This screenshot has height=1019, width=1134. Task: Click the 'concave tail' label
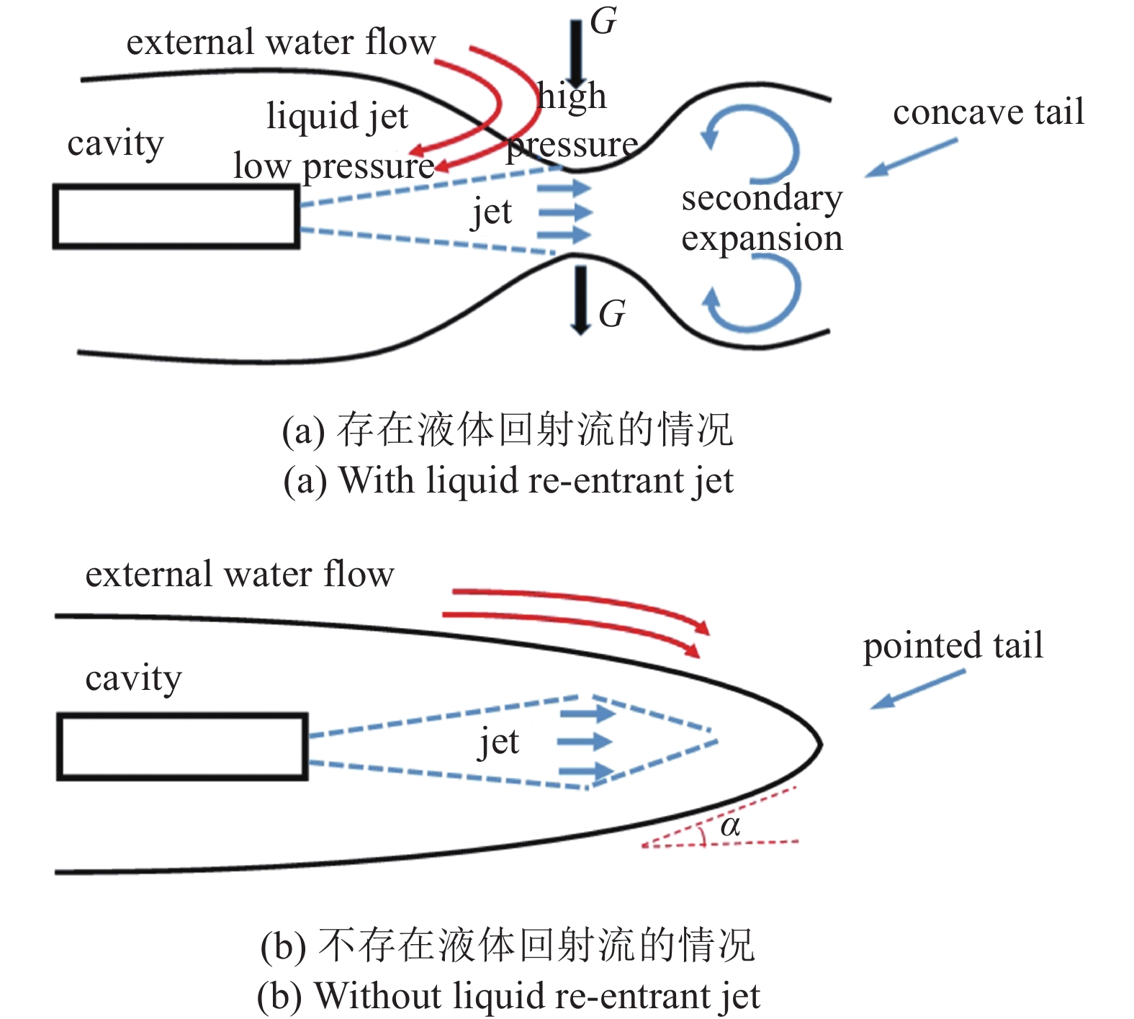click(x=988, y=112)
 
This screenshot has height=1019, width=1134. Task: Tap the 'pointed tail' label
click(x=953, y=645)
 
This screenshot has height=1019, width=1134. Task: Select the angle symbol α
click(x=730, y=826)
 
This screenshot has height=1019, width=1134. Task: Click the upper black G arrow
click(x=577, y=54)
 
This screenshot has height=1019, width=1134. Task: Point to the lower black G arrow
click(x=580, y=300)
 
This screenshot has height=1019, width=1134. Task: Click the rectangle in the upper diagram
click(x=176, y=217)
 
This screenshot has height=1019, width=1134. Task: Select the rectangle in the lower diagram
click(x=183, y=747)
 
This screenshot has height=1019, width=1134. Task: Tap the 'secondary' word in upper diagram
click(x=762, y=198)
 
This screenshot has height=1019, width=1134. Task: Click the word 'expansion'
click(x=762, y=238)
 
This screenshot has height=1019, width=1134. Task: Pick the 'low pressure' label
click(x=334, y=166)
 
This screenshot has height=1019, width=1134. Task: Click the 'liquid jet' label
click(x=337, y=116)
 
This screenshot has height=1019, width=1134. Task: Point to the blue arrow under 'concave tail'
click(x=912, y=158)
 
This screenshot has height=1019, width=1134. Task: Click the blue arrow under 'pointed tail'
click(x=917, y=689)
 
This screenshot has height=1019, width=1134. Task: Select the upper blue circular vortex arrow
click(x=796, y=148)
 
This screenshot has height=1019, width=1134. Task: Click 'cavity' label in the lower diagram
click(x=133, y=678)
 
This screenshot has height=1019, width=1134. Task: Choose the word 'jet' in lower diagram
click(x=498, y=742)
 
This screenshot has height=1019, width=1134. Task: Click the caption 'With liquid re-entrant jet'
click(x=508, y=480)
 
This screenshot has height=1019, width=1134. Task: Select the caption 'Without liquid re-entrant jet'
click(x=508, y=996)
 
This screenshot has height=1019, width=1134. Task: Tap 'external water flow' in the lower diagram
click(x=240, y=574)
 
